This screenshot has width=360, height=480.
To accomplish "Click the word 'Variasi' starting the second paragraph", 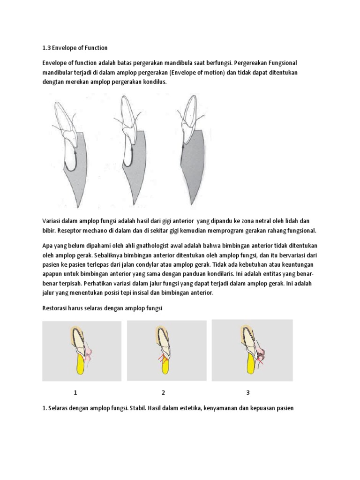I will (53, 220).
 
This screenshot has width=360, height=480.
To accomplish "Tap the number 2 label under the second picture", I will (163, 392).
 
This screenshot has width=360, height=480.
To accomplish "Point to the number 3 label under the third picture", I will (247, 392).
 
